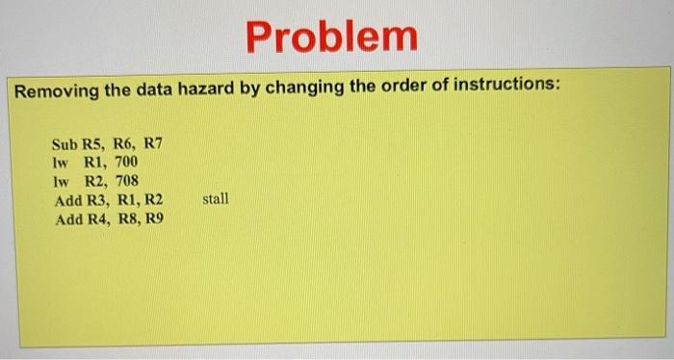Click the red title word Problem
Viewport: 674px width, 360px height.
coord(331,37)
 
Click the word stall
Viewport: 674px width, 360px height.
coord(217,199)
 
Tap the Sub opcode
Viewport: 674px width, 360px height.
coord(65,144)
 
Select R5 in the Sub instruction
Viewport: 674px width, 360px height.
coord(93,144)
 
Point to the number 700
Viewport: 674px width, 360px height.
coord(125,163)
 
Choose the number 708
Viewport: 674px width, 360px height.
coord(125,181)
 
